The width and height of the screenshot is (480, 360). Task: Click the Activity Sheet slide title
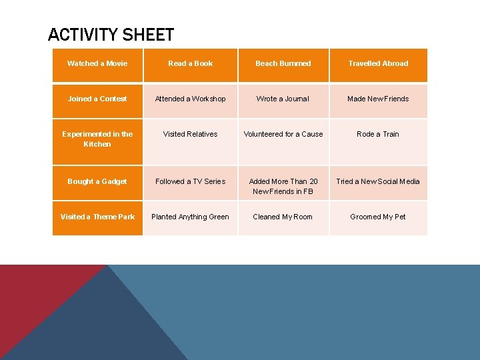click(x=111, y=35)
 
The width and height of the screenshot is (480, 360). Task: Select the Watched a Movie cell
click(x=97, y=64)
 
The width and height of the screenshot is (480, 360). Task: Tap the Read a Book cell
click(x=191, y=64)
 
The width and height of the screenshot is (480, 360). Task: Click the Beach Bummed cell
click(x=283, y=64)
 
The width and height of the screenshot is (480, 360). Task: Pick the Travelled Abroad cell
click(x=378, y=64)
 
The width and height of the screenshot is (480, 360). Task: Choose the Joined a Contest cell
click(x=97, y=99)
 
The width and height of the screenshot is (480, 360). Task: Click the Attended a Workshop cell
click(x=191, y=99)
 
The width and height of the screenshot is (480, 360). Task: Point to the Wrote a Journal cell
click(x=283, y=99)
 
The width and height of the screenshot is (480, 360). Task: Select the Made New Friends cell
click(x=378, y=99)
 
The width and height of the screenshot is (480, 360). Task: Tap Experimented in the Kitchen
click(x=97, y=139)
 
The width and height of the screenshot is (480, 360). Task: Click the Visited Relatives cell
click(x=191, y=135)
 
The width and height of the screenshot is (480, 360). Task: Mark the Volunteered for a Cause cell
click(x=283, y=135)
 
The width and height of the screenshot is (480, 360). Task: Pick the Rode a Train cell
click(x=378, y=135)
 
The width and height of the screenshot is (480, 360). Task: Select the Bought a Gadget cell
click(x=97, y=182)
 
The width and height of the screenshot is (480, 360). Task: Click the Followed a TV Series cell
click(x=191, y=182)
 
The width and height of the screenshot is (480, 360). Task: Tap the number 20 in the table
click(x=313, y=182)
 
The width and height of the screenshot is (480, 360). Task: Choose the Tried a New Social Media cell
click(x=378, y=182)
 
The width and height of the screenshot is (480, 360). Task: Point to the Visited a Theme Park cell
click(x=97, y=217)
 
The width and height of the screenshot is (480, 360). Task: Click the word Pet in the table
click(x=399, y=217)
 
